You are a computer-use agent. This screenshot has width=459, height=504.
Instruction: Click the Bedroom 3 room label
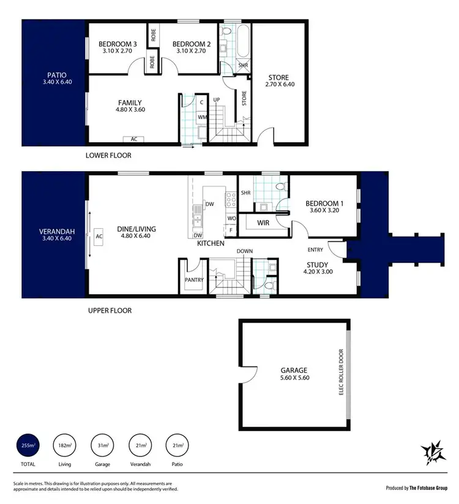point(118,44)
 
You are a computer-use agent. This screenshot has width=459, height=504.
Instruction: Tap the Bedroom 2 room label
point(191,44)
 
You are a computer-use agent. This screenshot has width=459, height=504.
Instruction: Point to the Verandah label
point(57,231)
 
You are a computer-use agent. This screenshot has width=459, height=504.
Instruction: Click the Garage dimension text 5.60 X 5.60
point(294,379)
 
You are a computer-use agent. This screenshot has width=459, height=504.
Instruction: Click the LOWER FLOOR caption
point(108,156)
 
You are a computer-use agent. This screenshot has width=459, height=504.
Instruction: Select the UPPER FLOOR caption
point(110,311)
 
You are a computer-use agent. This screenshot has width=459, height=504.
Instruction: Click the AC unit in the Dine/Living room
point(98,235)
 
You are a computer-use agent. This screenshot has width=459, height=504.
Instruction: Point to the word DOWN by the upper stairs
point(245,251)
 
